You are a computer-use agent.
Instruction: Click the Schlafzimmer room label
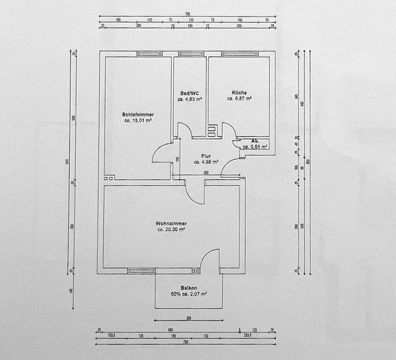[138, 114]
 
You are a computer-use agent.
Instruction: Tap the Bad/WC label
[189, 93]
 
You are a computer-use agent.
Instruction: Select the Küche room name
[239, 93]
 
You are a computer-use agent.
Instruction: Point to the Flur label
[206, 156]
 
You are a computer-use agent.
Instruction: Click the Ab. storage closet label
[246, 141]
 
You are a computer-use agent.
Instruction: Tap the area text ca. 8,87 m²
[239, 99]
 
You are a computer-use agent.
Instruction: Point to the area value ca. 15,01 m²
[138, 120]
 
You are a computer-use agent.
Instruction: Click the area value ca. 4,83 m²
[189, 99]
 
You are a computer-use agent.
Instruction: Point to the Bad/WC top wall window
[189, 54]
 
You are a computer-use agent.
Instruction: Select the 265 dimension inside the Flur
[206, 172]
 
